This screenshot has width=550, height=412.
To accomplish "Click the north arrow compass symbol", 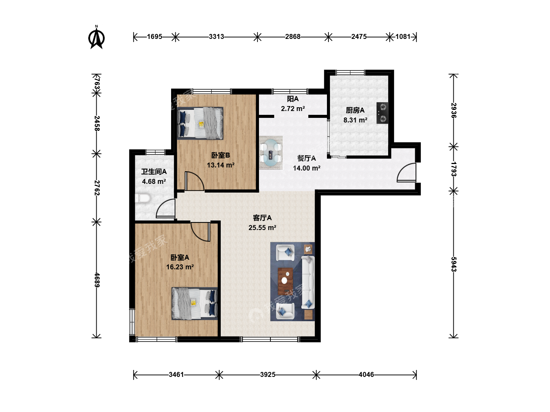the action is pos(97,37).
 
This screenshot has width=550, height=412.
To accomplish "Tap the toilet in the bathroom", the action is pos(143,199).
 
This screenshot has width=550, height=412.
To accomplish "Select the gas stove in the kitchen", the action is pos(382,113).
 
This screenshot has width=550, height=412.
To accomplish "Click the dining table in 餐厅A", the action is pos(271,153).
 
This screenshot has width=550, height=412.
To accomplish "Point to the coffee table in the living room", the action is pos(285,281).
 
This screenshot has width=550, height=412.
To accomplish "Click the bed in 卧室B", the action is pos(200,123).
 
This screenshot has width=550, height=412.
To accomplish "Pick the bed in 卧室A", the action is pos(194,303).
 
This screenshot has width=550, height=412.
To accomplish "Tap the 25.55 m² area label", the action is pos(262,228).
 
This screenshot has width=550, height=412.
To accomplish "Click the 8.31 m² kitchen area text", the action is pos(355,120).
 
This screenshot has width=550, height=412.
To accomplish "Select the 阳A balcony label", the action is pos(293,99).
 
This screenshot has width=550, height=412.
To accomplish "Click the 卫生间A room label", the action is pos(154,172).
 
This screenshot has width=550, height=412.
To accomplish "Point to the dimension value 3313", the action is pos(217,37).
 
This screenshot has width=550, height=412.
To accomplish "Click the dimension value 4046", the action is pos(366,375).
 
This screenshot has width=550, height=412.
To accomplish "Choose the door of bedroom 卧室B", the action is pos(194,181).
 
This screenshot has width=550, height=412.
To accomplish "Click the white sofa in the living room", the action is pos(308,282).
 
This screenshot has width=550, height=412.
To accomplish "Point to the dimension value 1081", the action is pos(403,37).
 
